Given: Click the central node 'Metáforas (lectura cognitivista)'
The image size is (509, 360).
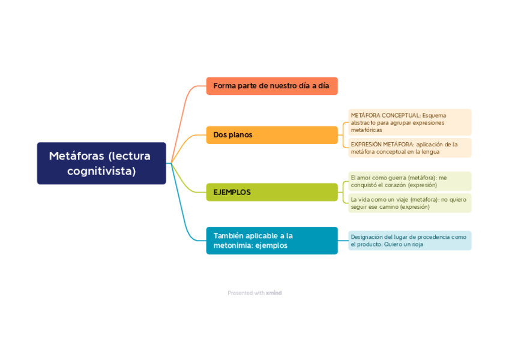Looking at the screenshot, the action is point(101,163).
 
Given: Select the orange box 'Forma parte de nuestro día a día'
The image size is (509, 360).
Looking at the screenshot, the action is point(271,86).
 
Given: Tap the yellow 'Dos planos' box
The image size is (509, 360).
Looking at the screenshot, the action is point(271,135).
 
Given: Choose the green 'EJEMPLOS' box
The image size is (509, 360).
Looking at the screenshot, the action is point(271,192).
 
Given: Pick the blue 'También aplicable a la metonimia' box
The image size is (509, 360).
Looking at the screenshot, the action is point(271,241).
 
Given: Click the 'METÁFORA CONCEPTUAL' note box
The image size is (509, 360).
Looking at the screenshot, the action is point(409,122).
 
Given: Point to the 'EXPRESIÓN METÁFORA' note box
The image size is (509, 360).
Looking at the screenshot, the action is point(409,148).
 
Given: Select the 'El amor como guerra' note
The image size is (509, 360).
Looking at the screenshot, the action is point(409,181).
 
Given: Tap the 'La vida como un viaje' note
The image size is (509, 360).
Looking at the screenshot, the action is point(409,203).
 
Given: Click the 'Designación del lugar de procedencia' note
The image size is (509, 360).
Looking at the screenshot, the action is point(409,241).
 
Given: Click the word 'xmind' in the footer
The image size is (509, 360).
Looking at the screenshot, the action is point(274,293).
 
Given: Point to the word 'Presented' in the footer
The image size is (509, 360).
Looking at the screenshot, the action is point(239,293).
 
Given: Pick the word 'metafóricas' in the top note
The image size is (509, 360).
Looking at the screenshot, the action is point(366,130).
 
